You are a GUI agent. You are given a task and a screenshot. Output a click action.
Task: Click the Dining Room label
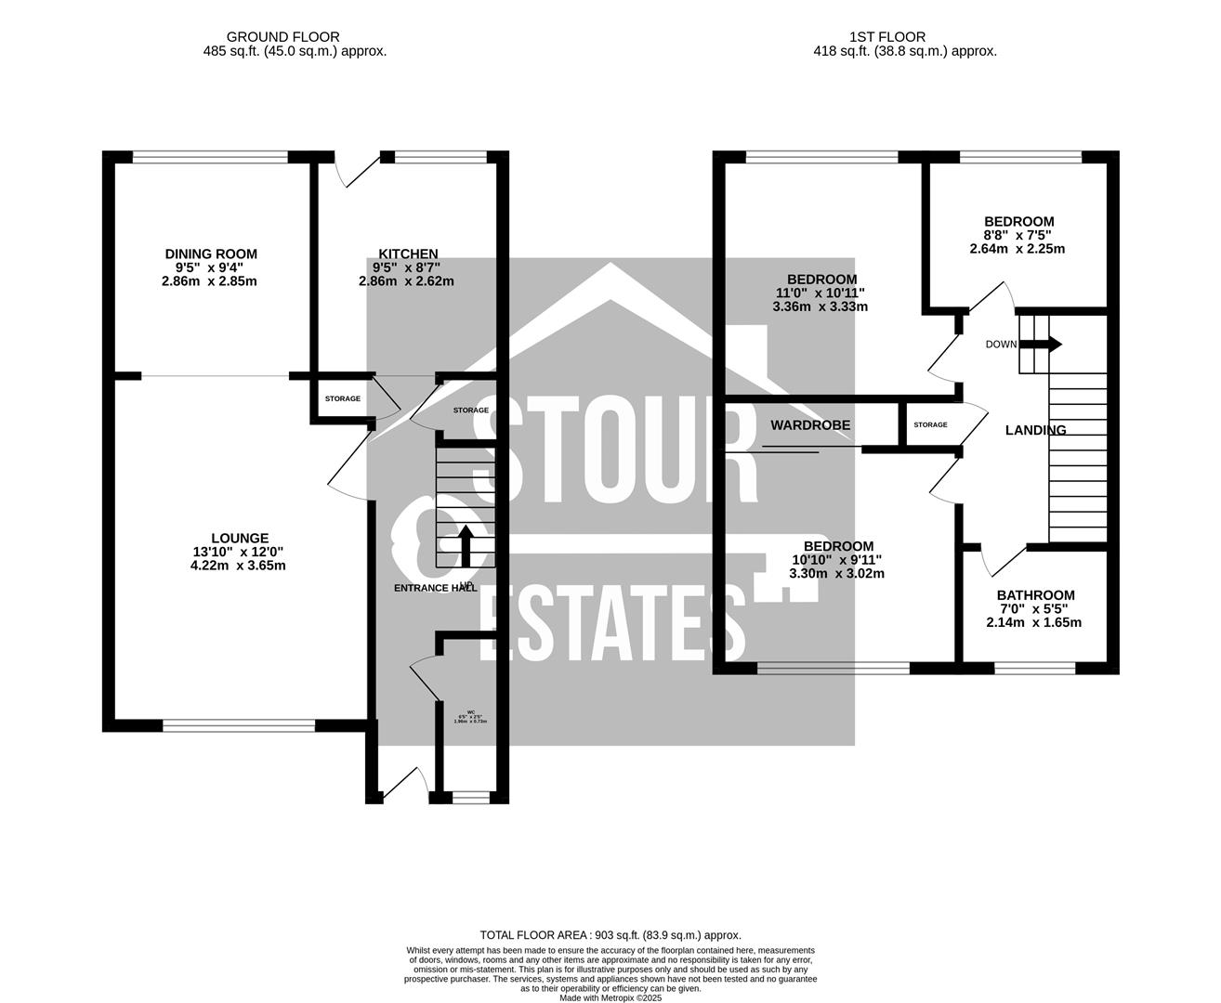[x=211, y=254]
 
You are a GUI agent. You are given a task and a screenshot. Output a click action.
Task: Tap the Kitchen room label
[x=408, y=254]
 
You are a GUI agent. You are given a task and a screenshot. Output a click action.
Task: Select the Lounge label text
[x=240, y=538]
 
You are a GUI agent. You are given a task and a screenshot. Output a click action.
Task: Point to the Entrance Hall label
[x=436, y=588]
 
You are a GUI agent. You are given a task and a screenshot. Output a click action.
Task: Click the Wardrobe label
[x=810, y=425]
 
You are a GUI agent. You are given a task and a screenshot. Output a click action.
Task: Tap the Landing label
[x=1036, y=430]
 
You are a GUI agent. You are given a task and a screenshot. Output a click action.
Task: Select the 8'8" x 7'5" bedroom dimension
[x=1018, y=235]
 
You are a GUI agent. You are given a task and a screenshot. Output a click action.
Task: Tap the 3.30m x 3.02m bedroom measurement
[x=837, y=573]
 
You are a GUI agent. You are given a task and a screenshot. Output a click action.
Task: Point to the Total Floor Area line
[x=610, y=935]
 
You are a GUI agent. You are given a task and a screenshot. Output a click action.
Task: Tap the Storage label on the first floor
[x=930, y=424]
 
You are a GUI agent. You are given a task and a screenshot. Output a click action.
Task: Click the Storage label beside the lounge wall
[x=342, y=398]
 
